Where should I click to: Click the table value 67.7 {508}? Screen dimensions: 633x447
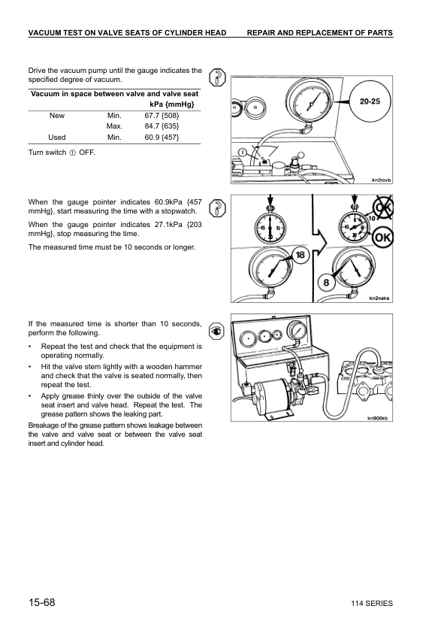coord(162,116)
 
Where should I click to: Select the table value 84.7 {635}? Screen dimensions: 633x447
coord(162,126)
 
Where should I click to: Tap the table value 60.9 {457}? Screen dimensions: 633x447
coord(162,138)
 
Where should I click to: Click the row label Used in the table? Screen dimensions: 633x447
coord(57,138)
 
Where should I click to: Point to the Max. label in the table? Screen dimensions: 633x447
coord(114,126)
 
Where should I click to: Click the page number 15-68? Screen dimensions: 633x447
coord(44,604)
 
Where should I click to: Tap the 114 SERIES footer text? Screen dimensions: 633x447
coord(371,604)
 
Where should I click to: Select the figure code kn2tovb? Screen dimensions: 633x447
coord(382,180)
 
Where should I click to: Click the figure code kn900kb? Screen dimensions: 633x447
coord(378,418)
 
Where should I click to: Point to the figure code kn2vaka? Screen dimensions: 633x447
coord(380,298)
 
